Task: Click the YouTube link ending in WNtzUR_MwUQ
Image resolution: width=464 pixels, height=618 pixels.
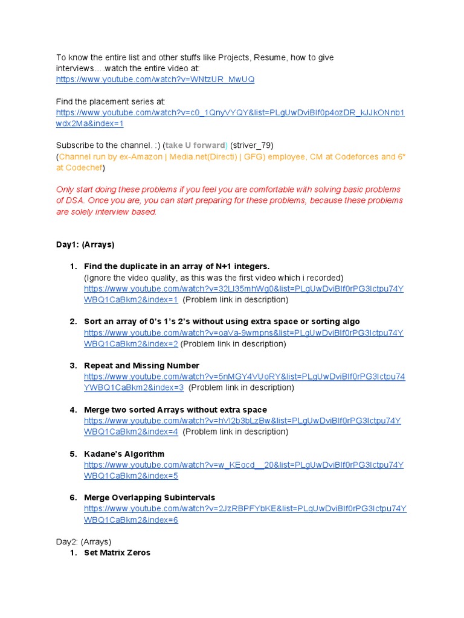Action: point(155,80)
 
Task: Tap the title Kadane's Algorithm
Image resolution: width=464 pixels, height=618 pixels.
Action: point(124,454)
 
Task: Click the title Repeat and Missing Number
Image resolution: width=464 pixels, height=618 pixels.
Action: point(141,366)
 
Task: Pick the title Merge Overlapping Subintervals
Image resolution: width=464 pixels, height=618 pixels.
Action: point(149,498)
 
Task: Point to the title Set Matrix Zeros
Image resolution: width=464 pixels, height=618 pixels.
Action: point(117,553)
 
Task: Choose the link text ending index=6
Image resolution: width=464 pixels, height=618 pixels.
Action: point(131,520)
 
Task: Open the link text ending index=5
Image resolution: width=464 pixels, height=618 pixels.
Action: point(131,476)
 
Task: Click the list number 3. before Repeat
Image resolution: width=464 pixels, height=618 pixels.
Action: point(73,366)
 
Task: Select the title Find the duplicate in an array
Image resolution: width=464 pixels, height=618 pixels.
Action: point(176,267)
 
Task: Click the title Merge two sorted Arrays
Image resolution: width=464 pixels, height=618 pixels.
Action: point(175,410)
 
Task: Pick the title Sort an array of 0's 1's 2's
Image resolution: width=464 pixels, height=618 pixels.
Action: point(222,322)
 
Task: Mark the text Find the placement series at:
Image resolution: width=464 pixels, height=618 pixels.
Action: point(111,101)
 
